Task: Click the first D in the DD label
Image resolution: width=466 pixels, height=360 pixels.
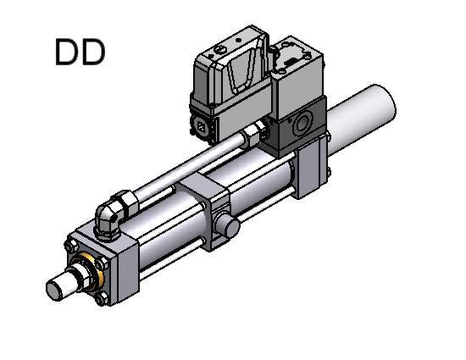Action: pos(67,53)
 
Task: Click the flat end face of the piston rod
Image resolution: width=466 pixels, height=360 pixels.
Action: pos(55,291)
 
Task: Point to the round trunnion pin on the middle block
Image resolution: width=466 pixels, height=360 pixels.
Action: pos(227,224)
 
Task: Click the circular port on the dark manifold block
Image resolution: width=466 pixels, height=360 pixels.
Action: pos(302,124)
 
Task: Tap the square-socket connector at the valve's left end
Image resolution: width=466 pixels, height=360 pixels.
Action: pos(202,127)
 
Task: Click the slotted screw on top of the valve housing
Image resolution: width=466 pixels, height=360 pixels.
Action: pos(221,50)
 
